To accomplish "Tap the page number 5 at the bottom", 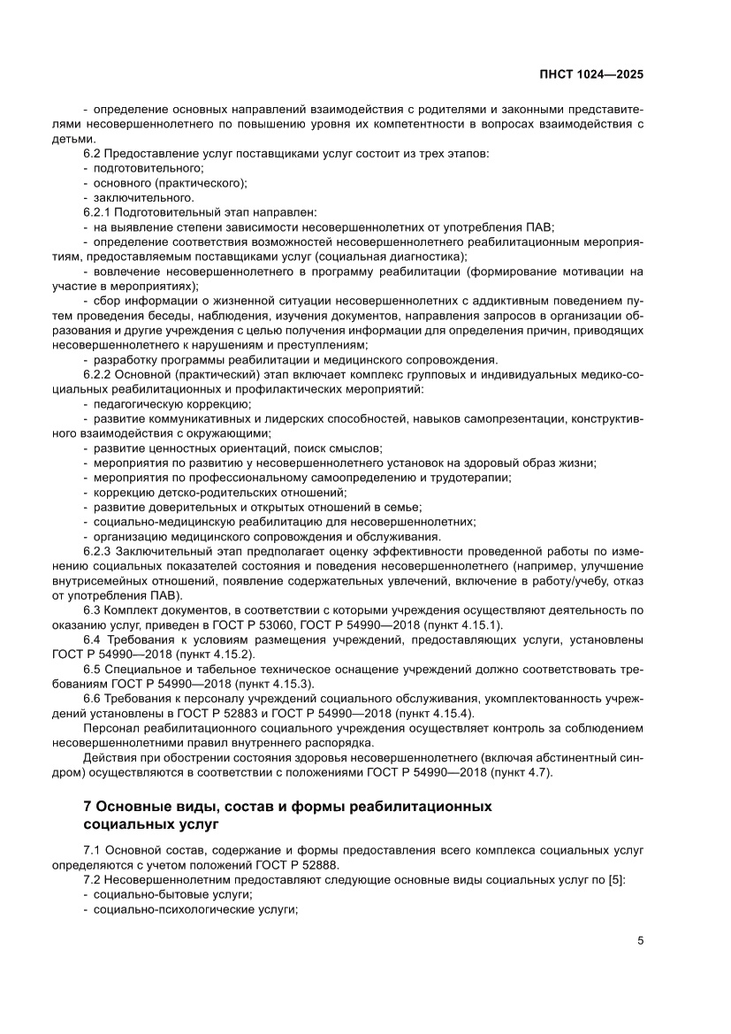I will click(x=640, y=940).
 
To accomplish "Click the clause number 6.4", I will click(x=91, y=639).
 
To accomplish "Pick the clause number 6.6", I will click(x=91, y=698).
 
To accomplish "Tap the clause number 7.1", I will click(x=91, y=849).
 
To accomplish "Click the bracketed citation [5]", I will click(x=615, y=879).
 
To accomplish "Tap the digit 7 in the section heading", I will click(x=87, y=806).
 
